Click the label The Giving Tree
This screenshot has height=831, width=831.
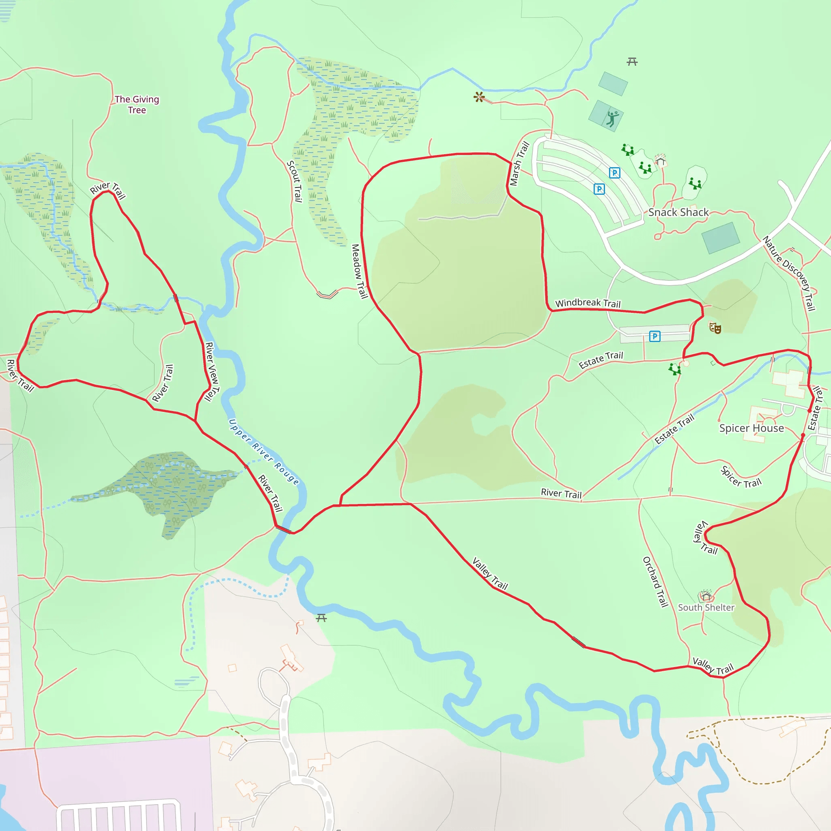(137, 105)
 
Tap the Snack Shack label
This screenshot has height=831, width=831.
(678, 212)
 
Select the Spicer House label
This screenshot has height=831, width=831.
(751, 428)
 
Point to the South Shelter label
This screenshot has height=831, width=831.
(706, 607)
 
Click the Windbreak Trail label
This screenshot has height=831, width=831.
(588, 303)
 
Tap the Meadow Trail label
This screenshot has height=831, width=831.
(359, 271)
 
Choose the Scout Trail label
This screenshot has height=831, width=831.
(295, 181)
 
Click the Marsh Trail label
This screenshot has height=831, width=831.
(519, 164)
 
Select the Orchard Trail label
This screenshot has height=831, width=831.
(655, 581)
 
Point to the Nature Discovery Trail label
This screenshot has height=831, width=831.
(789, 273)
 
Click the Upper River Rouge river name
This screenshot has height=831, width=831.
(264, 452)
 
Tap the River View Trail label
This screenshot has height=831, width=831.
(212, 372)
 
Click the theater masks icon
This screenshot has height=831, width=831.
(715, 328)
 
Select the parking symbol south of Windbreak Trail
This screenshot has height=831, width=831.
(654, 336)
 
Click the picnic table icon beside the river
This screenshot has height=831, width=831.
(321, 618)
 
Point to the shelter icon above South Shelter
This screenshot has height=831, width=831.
(705, 596)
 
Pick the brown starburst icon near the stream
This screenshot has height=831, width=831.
(479, 97)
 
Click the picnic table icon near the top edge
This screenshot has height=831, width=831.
(632, 62)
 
